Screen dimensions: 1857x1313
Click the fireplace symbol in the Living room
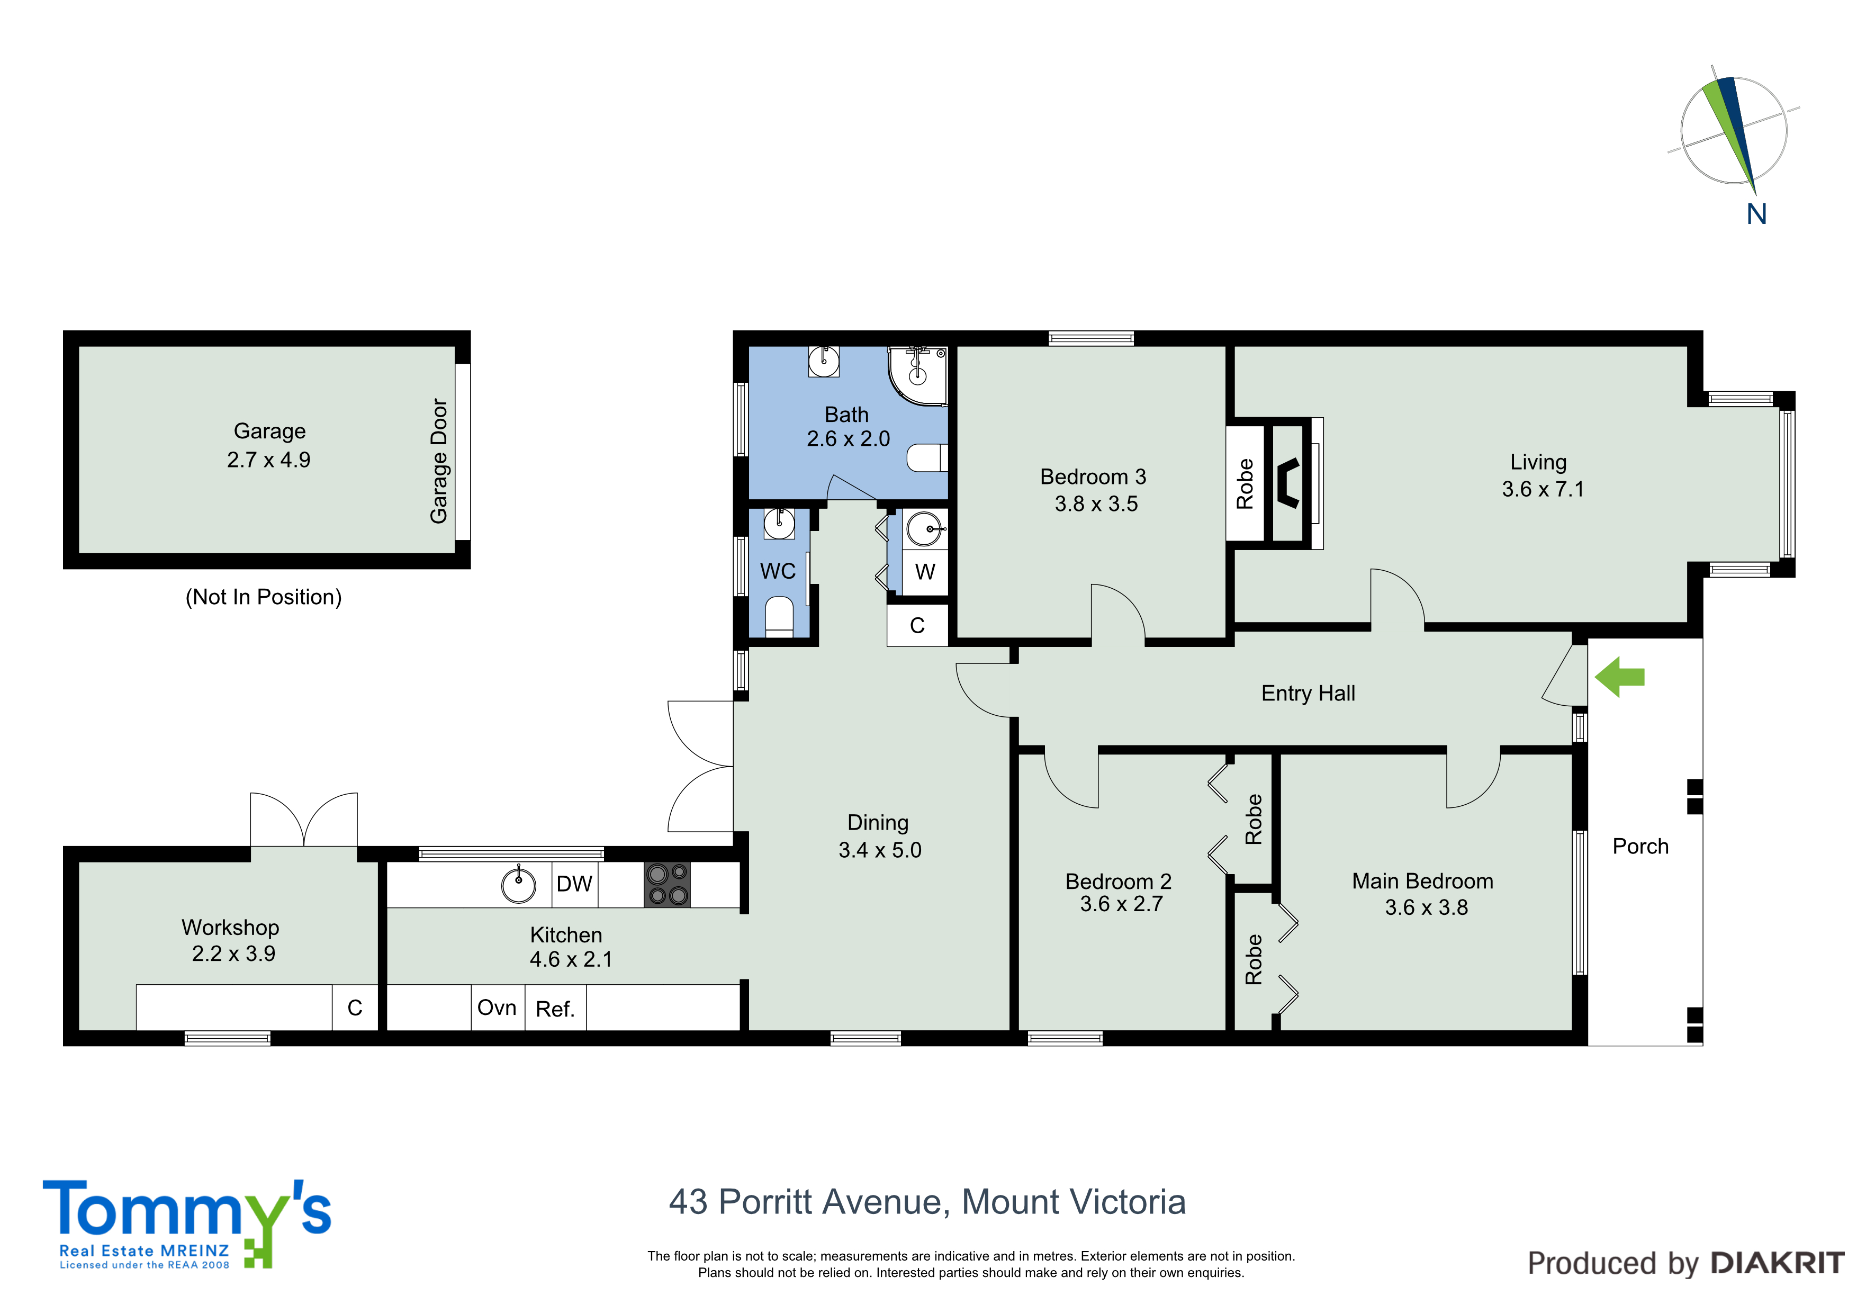click(x=1287, y=483)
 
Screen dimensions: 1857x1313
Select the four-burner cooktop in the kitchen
click(x=667, y=884)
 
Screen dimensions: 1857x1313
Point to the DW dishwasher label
click(x=574, y=884)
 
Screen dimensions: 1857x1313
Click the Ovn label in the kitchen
click(x=497, y=1008)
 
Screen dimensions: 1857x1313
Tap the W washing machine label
click(x=924, y=572)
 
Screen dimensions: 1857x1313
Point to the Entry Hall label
click(x=1308, y=694)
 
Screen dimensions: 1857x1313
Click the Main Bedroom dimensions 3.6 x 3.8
click(x=1426, y=907)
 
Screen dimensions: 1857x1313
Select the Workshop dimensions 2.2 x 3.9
click(x=233, y=954)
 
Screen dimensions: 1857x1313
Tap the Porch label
click(x=1640, y=846)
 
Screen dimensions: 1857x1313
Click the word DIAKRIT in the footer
click(x=1777, y=1263)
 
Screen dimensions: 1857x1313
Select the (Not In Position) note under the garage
click(x=264, y=597)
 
